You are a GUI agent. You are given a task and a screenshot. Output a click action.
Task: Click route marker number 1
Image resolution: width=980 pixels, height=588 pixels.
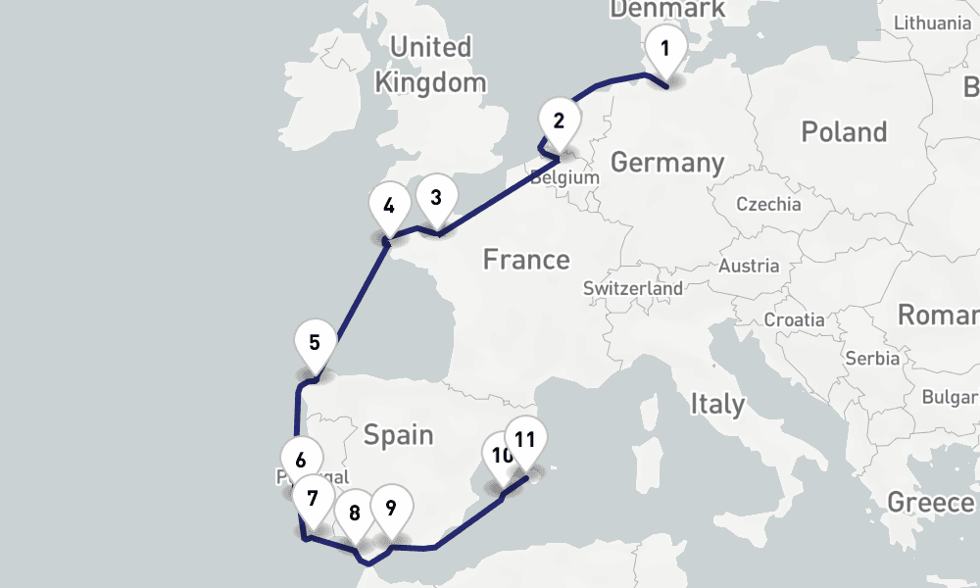[x=665, y=48]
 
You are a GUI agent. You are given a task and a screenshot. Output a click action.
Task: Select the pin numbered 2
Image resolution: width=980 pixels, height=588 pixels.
[x=559, y=122]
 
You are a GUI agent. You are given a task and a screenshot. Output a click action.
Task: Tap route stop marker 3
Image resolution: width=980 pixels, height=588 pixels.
[x=436, y=197]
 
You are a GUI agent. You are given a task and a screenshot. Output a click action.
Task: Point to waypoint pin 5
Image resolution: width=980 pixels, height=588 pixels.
[x=315, y=343]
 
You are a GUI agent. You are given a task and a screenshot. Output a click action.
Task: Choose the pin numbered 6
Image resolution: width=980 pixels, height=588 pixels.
[x=301, y=460]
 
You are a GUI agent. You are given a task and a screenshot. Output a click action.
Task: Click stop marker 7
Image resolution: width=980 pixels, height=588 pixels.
[x=313, y=498]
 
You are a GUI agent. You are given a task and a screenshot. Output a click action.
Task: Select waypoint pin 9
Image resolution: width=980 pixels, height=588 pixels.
[x=391, y=508]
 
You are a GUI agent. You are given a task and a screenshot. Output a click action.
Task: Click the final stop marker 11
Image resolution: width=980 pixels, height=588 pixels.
[x=525, y=439]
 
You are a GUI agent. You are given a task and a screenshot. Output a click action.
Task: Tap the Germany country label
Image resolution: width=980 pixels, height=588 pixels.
[x=667, y=162]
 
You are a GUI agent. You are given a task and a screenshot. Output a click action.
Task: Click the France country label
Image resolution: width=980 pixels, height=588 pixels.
[x=526, y=260]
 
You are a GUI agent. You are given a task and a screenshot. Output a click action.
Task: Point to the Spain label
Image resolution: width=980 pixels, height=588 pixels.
[x=399, y=433]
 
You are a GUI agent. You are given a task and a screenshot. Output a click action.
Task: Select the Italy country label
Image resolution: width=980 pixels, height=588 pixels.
[x=717, y=403]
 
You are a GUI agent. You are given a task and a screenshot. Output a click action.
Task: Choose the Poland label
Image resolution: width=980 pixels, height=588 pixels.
[x=844, y=131]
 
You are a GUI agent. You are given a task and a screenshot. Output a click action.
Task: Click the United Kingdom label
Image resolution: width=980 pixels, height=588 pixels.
[x=430, y=64]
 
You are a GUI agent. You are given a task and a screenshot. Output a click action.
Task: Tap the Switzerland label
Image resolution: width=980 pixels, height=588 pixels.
[x=633, y=289]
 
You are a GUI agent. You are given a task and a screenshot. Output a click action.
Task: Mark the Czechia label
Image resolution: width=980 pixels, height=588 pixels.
[x=769, y=205]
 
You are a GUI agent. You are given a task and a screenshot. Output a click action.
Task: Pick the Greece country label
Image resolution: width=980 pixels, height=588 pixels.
[x=931, y=503]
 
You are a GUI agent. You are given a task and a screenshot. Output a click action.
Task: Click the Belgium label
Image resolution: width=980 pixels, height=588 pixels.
[x=564, y=178]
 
